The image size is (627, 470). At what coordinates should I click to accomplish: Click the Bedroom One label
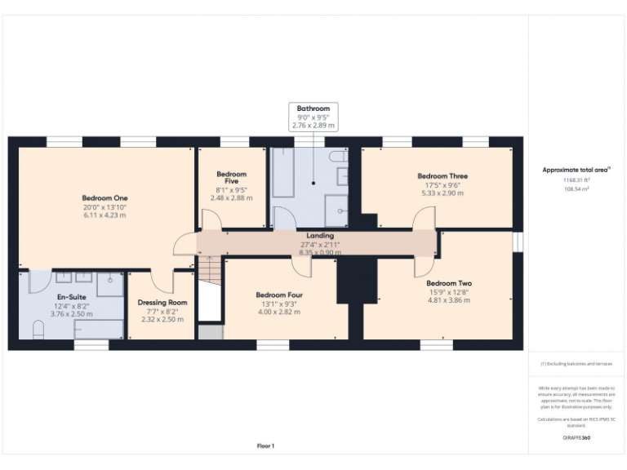(104, 197)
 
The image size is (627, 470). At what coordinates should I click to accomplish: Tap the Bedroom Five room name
(232, 178)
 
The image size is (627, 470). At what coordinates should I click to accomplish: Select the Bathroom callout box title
(313, 109)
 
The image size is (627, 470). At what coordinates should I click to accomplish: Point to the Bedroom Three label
(442, 176)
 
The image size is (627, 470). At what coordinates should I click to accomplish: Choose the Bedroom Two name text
(450, 283)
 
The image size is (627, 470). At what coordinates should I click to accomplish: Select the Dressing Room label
(162, 303)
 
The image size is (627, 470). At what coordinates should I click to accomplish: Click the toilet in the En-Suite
(38, 329)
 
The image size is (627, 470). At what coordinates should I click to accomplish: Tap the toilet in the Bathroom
(337, 157)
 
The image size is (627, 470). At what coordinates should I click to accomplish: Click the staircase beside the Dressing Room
(210, 281)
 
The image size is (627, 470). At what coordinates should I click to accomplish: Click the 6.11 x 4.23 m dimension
(104, 216)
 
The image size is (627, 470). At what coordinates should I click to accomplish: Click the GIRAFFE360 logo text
(576, 438)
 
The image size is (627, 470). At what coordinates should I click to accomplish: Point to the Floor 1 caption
(265, 446)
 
